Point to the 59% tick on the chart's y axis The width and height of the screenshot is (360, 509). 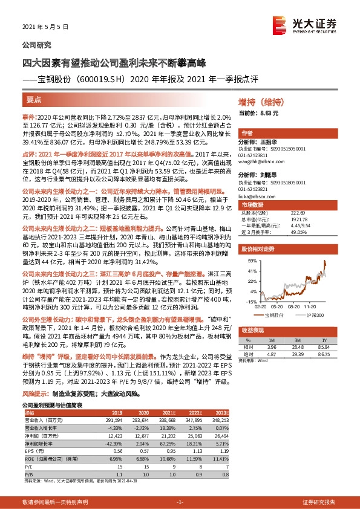[x=250, y=261]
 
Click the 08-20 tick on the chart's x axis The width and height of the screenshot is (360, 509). [x=293, y=306]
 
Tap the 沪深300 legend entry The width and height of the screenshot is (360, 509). [x=313, y=315]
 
